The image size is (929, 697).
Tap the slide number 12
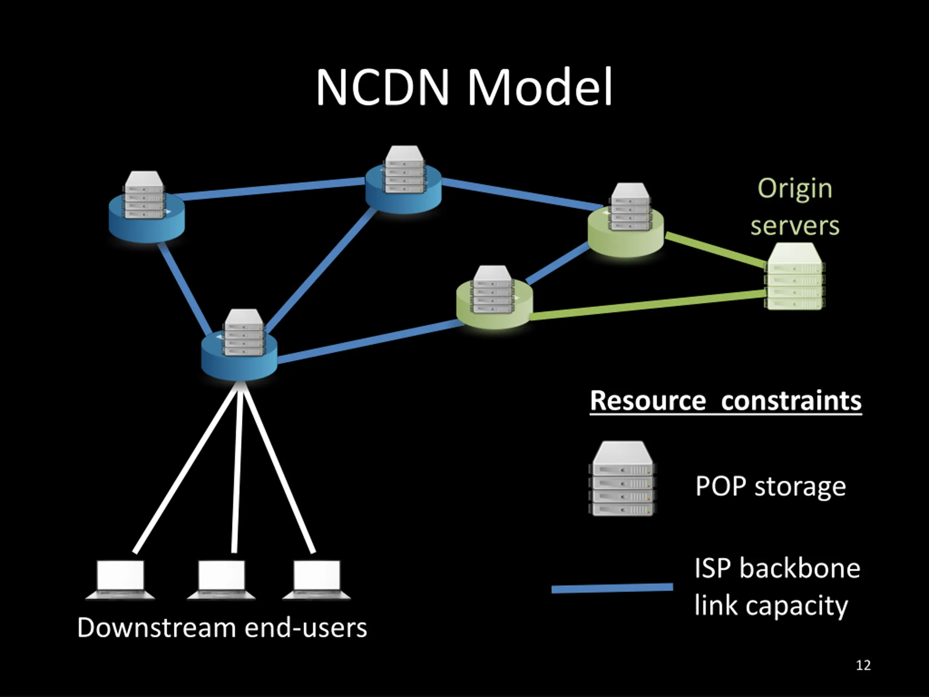coord(863,665)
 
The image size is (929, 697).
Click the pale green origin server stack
coord(795,277)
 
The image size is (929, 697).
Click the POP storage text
coord(771,486)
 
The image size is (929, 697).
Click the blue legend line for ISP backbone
coord(612,588)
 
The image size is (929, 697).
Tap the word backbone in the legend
coord(800,568)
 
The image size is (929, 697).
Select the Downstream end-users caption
coord(222,628)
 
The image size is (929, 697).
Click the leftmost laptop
coord(120,579)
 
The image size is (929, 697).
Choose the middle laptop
coord(221,579)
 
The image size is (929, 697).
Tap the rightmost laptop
coord(317,579)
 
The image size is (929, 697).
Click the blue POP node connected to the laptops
coord(240,357)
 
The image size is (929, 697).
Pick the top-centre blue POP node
coord(404,189)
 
